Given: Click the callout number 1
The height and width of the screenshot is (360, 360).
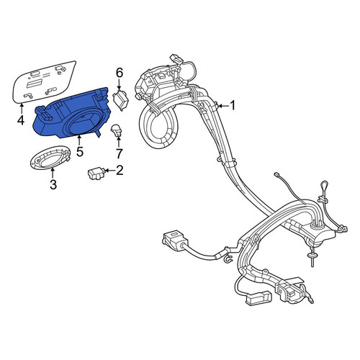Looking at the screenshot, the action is pos(233,106).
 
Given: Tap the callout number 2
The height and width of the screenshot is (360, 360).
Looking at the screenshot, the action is pos(120,170).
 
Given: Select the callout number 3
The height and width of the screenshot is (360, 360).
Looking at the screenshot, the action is pos(53,184).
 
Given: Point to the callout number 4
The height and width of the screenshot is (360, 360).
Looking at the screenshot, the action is pos(21,120).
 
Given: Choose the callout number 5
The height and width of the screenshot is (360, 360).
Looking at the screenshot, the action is pos(79,151).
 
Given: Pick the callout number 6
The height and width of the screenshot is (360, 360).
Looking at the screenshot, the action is pos(120,73).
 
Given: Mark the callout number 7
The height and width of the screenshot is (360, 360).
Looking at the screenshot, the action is pos(119,153).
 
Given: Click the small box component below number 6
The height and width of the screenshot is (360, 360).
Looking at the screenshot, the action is pos(121,99).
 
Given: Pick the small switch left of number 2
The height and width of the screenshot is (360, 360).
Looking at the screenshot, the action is pos(96,173).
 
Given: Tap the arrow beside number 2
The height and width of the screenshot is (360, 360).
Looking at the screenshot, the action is pos(109,171).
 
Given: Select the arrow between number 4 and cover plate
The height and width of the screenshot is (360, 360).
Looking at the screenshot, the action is pos(22,108).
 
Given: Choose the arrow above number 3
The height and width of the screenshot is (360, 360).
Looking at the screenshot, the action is pos(53,174).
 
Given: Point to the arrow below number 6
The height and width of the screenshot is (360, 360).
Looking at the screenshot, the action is pos(120,84).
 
